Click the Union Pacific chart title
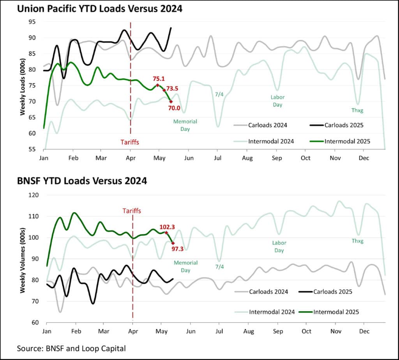coord(99,8)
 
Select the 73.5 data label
coord(172,88)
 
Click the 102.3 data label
coord(167,227)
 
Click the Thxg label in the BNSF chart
coord(357,241)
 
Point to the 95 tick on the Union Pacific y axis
coord(32,22)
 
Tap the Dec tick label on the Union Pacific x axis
coord(364,158)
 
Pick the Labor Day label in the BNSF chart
coord(279,247)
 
